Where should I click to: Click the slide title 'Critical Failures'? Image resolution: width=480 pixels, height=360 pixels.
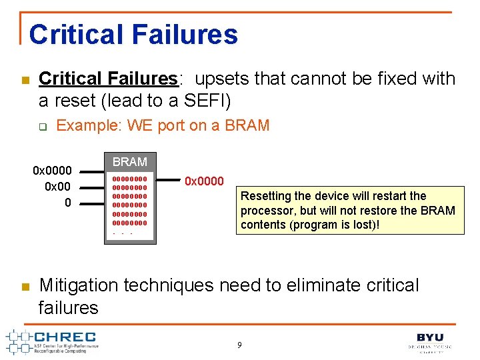click(133, 34)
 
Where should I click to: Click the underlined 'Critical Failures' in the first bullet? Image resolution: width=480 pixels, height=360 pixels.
click(108, 79)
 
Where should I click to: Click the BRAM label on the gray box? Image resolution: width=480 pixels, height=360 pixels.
click(130, 162)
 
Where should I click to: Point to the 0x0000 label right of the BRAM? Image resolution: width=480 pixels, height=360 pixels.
click(204, 181)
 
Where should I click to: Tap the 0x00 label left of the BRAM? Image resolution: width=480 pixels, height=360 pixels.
click(58, 186)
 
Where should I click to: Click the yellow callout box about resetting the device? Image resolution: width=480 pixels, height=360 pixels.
click(349, 210)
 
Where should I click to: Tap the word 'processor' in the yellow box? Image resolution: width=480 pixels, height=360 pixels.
click(264, 211)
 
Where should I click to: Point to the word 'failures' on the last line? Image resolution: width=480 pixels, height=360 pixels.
click(68, 307)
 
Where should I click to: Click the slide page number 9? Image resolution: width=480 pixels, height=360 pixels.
click(240, 345)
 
